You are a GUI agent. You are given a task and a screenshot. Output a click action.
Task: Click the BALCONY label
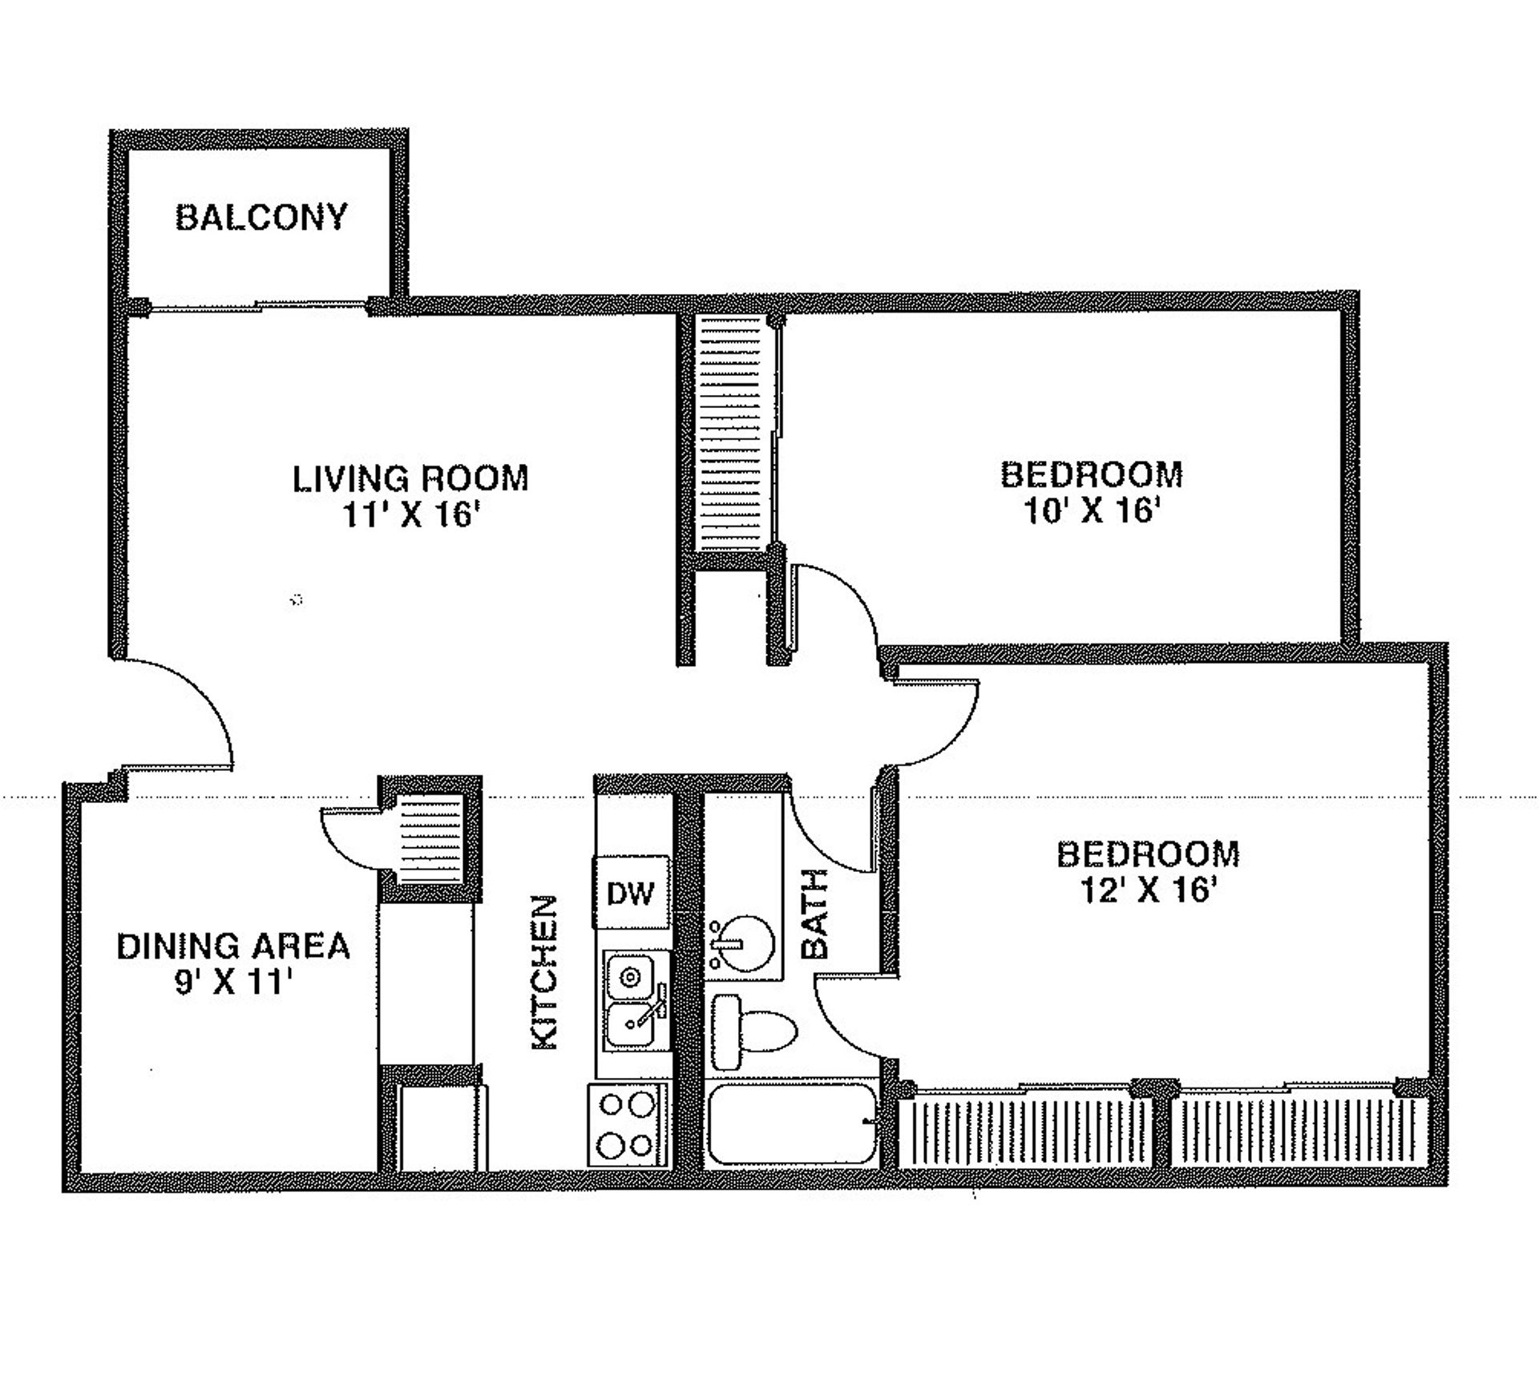click(261, 217)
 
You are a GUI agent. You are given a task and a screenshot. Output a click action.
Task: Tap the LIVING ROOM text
click(410, 478)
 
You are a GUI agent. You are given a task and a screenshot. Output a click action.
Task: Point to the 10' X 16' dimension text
click(1093, 510)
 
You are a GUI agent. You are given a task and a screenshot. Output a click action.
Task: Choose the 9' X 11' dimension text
click(232, 983)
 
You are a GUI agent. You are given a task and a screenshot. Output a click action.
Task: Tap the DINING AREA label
click(233, 946)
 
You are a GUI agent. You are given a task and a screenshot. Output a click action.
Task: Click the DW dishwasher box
click(631, 892)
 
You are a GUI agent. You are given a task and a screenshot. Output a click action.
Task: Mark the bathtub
click(792, 1124)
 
